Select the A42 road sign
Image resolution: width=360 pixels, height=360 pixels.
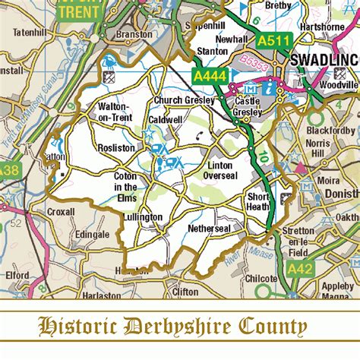click(301, 267)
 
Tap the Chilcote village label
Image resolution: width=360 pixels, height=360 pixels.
click(262, 279)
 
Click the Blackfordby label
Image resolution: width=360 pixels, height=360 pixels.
click(329, 130)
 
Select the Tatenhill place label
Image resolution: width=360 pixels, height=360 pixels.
click(23, 33)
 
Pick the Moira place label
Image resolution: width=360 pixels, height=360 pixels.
click(328, 182)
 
